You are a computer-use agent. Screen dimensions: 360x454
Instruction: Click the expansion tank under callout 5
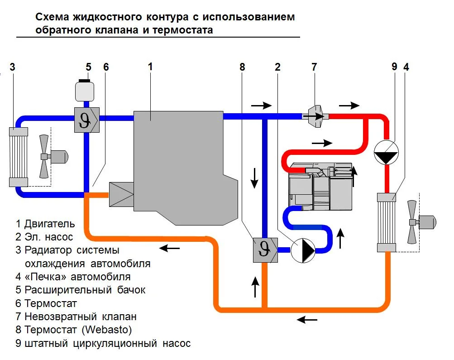pos(84,91)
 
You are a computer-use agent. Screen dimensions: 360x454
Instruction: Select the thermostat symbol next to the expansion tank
pos(86,119)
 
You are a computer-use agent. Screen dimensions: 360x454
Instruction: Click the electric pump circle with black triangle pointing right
pos(302,250)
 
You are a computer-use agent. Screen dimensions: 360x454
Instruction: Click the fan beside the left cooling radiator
pos(44,156)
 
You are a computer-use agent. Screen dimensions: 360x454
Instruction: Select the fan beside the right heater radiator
pos(413,222)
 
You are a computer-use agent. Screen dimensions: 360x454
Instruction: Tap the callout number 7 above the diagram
pos(314,67)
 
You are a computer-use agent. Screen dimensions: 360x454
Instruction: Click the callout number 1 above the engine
pos(150,67)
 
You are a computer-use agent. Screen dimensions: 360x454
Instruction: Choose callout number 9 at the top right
pos(394,67)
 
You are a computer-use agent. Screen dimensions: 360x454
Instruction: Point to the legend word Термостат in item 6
pos(51,303)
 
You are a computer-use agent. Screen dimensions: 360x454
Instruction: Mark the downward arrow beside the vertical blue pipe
pos(254,178)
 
